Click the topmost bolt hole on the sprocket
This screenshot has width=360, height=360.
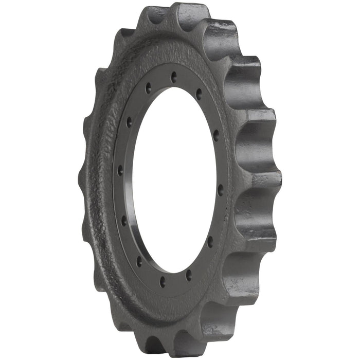(x=174, y=77)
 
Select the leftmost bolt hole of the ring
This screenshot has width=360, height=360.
(x=120, y=170)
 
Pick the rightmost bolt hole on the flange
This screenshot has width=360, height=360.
(x=221, y=189)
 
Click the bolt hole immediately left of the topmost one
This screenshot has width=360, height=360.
(x=148, y=86)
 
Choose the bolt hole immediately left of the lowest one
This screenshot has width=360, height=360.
(x=139, y=261)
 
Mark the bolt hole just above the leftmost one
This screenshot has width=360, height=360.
(x=129, y=122)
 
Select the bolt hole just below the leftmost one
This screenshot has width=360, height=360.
(x=123, y=220)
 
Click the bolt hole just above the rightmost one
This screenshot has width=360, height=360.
(x=216, y=135)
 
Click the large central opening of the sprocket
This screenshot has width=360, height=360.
(x=170, y=180)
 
